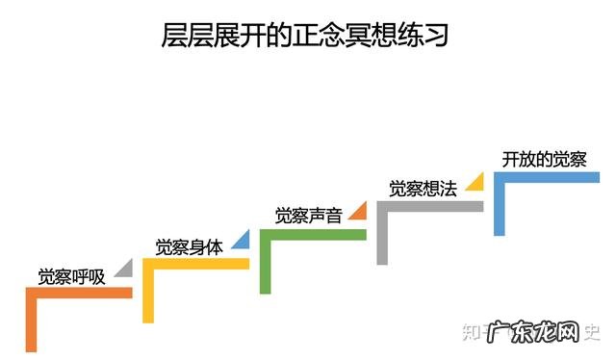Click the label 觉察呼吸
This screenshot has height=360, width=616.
[70, 275]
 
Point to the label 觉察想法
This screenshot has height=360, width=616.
[423, 189]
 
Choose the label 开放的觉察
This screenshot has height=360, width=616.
[544, 159]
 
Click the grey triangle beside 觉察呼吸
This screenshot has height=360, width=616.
[124, 269]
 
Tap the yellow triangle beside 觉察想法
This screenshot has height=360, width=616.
[474, 182]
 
